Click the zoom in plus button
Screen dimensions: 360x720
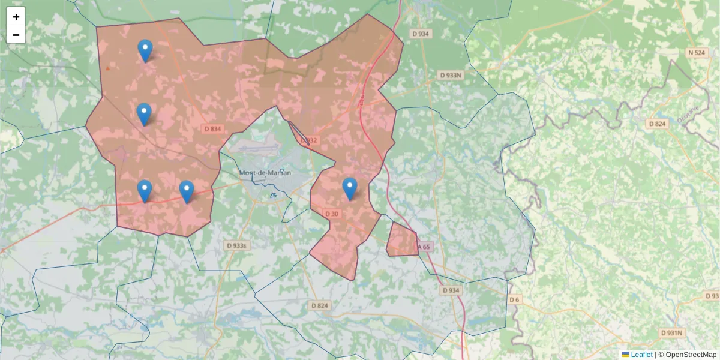[x=16, y=17]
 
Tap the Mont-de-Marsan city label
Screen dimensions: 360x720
[x=265, y=173]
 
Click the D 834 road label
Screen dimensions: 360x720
[x=212, y=128]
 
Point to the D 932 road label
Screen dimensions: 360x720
[x=308, y=140]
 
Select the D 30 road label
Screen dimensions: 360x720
[x=332, y=214]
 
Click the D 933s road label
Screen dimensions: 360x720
[x=236, y=245]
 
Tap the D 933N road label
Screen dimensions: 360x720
[x=450, y=75]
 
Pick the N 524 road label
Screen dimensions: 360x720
[x=696, y=53]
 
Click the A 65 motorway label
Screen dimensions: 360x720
[x=424, y=247]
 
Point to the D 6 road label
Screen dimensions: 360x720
[x=514, y=299]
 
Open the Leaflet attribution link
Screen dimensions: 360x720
[x=641, y=355]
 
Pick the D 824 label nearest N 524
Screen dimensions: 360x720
[x=658, y=124]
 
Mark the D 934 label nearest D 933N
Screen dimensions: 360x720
[x=421, y=34]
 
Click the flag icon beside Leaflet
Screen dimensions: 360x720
[x=626, y=355]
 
